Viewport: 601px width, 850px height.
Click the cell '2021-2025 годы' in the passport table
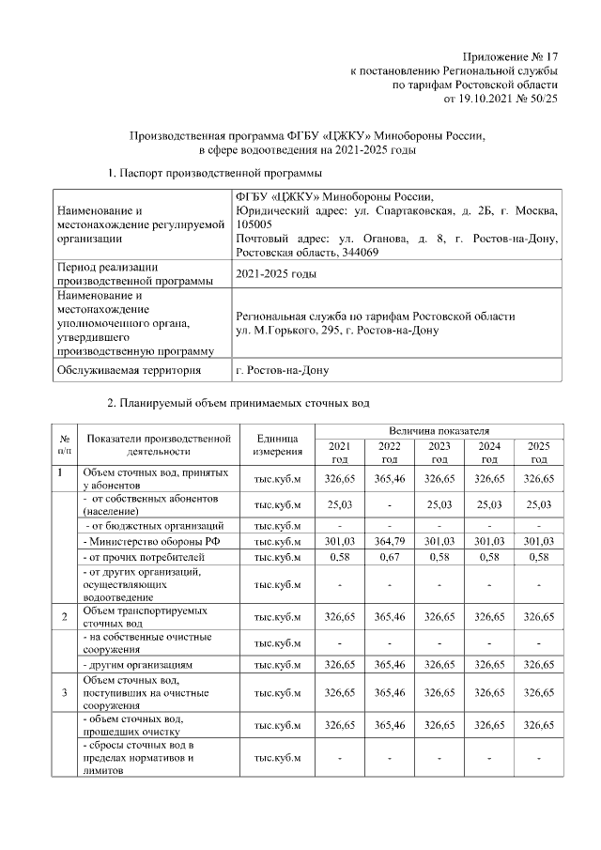(x=275, y=274)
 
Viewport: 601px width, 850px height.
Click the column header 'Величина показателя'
(x=438, y=429)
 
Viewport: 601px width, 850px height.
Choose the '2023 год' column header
(x=439, y=452)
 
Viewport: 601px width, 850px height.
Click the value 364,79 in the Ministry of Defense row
(x=388, y=541)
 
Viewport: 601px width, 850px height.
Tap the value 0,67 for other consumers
(x=388, y=557)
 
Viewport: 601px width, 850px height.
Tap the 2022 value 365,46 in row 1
(x=388, y=478)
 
